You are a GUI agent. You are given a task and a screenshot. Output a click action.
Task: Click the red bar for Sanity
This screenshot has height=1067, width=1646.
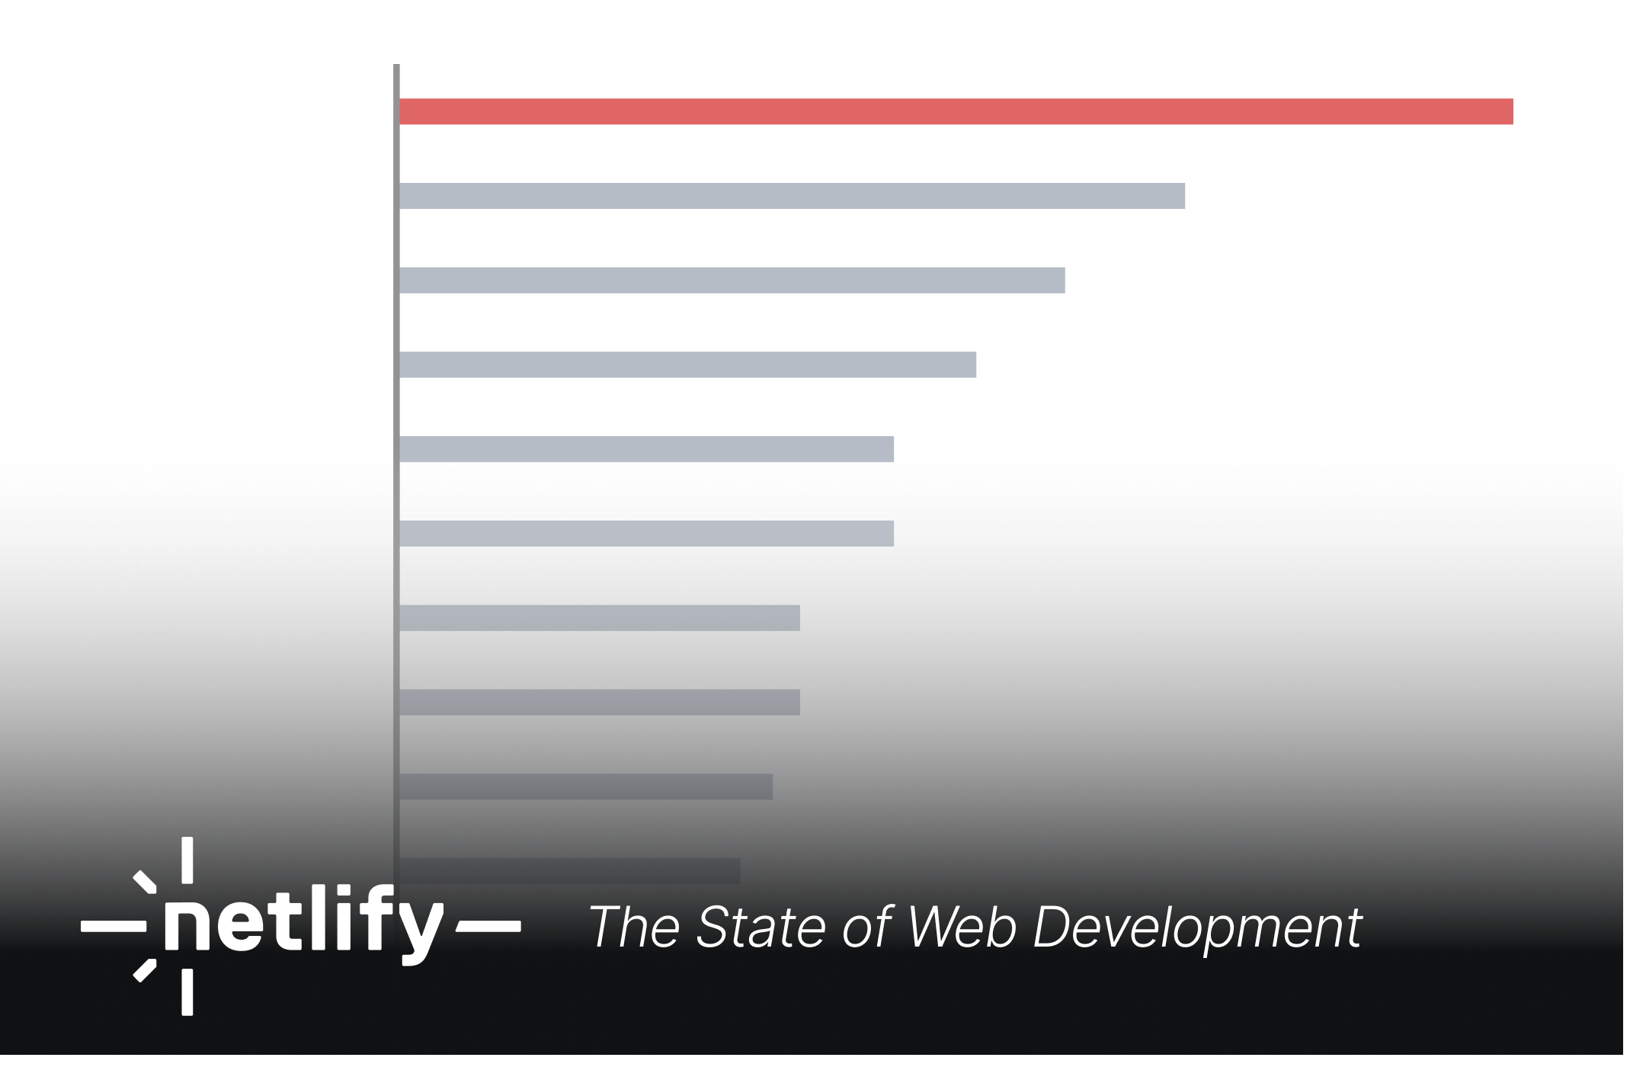tap(956, 111)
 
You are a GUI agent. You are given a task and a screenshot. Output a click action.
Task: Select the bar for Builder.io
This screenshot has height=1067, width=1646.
tap(793, 196)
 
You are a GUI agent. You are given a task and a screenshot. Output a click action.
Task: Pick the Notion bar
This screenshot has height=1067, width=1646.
tap(732, 280)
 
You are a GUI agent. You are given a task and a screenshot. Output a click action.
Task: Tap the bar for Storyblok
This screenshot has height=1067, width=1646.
tap(687, 364)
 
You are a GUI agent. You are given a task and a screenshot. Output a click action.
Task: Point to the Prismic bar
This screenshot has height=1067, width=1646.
tap(646, 449)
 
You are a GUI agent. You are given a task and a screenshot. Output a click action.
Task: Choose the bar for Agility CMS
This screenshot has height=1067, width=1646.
tap(646, 533)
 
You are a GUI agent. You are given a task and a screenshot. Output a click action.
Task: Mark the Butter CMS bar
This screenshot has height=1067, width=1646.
tap(599, 618)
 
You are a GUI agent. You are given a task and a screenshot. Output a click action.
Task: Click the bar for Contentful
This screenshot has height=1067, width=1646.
tap(599, 702)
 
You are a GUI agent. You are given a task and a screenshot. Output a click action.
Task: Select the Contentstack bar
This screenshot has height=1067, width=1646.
tap(585, 787)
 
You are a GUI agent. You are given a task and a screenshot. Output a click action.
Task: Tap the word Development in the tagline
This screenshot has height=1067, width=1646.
tap(1196, 928)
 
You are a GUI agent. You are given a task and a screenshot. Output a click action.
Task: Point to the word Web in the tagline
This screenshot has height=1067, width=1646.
tap(962, 928)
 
